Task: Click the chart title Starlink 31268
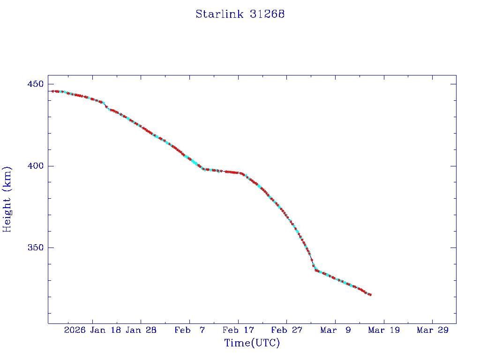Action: coord(240,14)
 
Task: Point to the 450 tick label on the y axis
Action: coord(35,84)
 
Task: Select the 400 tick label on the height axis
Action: coord(35,166)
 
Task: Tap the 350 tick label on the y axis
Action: coord(35,247)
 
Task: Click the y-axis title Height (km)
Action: coord(7,199)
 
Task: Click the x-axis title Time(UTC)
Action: coord(252,343)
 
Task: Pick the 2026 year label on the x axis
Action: coord(75,330)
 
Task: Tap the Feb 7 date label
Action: coord(189,330)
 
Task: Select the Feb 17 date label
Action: coord(238,330)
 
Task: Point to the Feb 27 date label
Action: coord(286,330)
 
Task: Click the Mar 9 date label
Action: coord(335,330)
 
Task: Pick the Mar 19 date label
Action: coord(384,330)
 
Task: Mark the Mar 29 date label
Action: coord(432,330)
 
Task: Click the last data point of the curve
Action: coord(370,294)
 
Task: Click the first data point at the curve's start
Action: coord(52,91)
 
